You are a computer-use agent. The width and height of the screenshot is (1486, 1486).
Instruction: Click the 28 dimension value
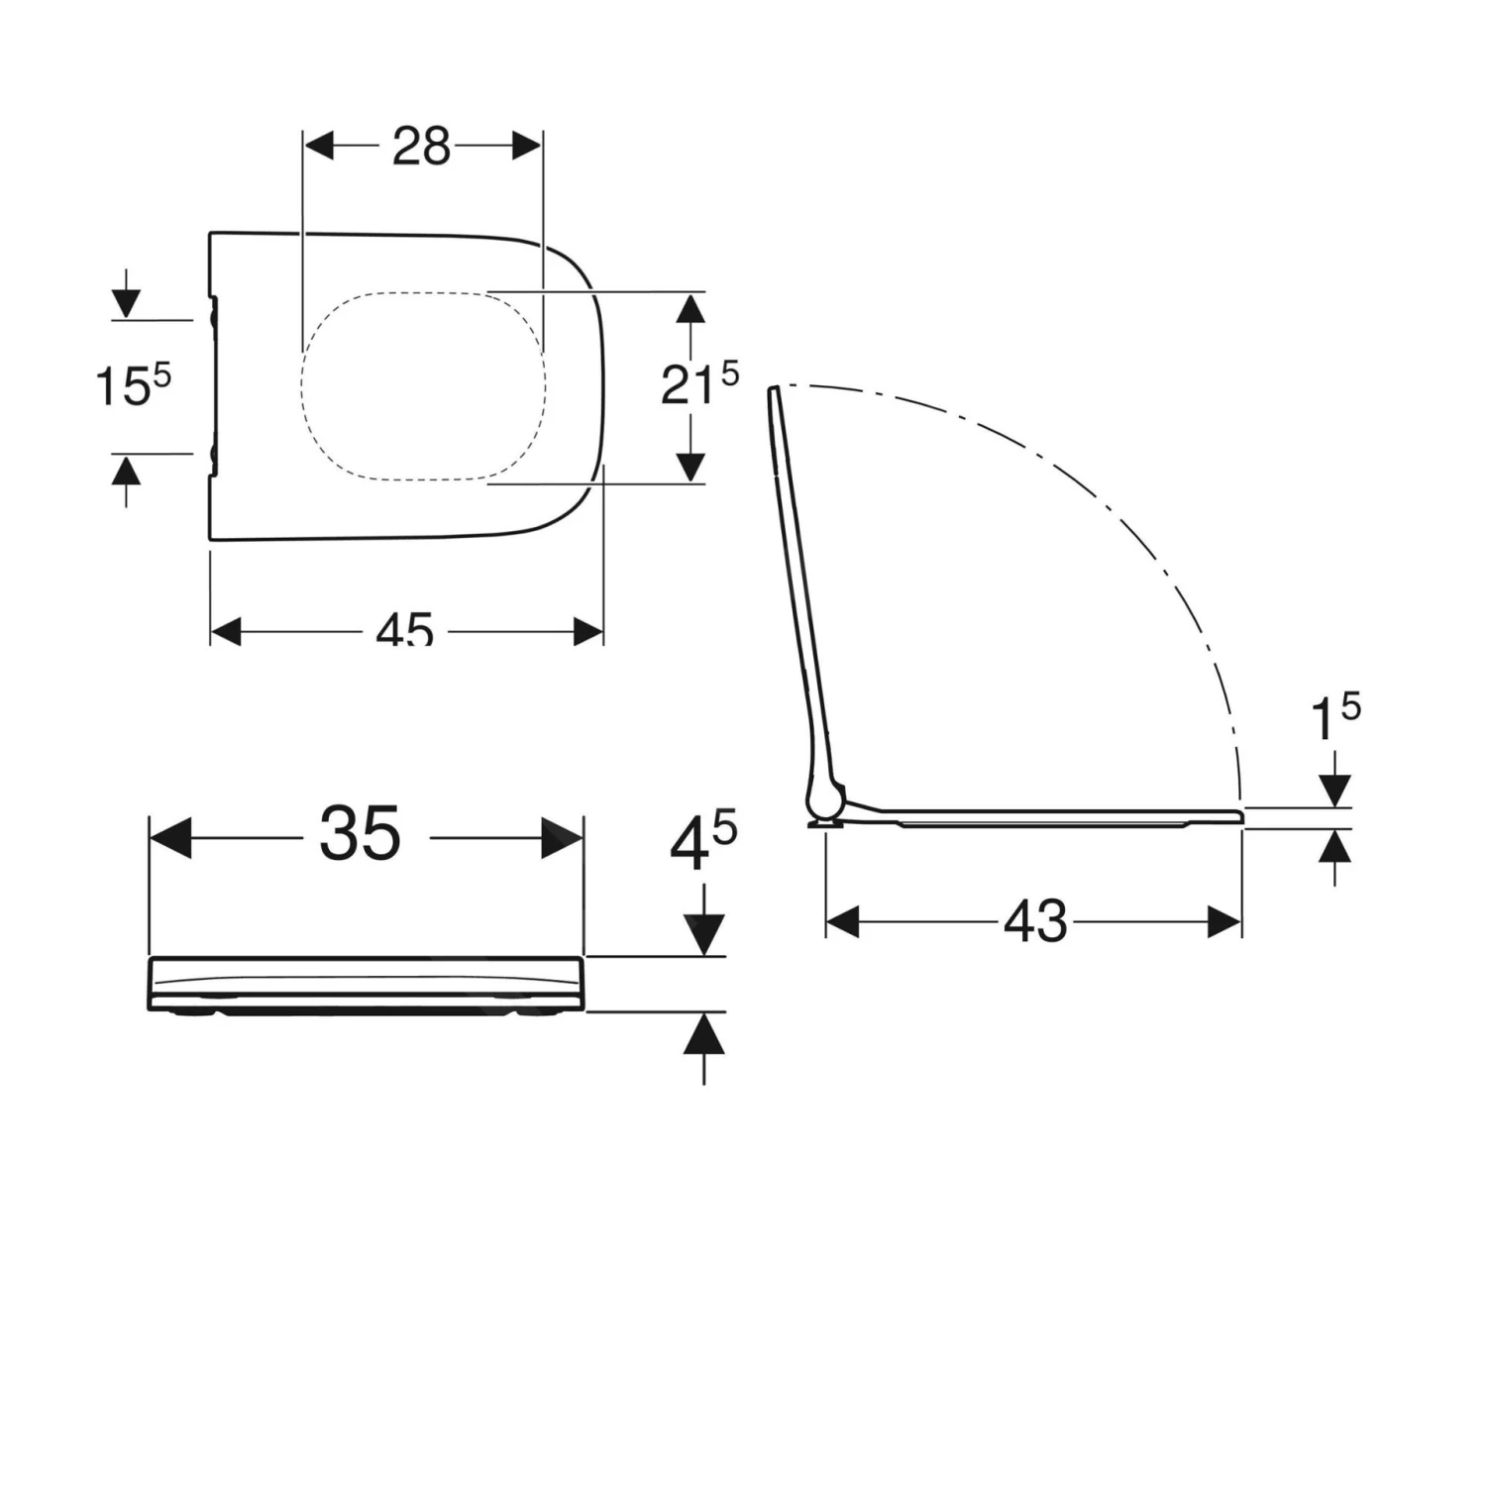pyautogui.click(x=421, y=147)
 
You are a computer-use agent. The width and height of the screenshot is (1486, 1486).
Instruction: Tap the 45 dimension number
pyautogui.click(x=404, y=630)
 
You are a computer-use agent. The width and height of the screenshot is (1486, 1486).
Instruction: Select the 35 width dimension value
pyautogui.click(x=360, y=834)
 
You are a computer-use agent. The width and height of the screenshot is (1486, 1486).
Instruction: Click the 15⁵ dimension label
pyautogui.click(x=133, y=384)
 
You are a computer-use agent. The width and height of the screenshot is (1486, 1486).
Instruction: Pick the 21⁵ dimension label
pyautogui.click(x=699, y=383)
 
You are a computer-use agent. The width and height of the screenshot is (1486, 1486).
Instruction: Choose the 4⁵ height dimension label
pyautogui.click(x=702, y=844)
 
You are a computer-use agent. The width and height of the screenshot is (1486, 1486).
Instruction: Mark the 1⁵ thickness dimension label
pyautogui.click(x=1334, y=718)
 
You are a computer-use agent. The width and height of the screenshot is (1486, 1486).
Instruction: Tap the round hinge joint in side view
pyautogui.click(x=825, y=797)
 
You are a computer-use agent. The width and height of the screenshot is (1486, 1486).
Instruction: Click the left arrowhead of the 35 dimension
pyautogui.click(x=169, y=838)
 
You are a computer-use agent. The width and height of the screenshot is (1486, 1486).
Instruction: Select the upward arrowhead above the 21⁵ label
pyautogui.click(x=690, y=309)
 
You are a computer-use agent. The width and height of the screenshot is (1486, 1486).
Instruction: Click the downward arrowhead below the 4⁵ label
pyautogui.click(x=704, y=933)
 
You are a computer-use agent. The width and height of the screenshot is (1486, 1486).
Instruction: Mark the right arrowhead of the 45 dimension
pyautogui.click(x=588, y=631)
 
